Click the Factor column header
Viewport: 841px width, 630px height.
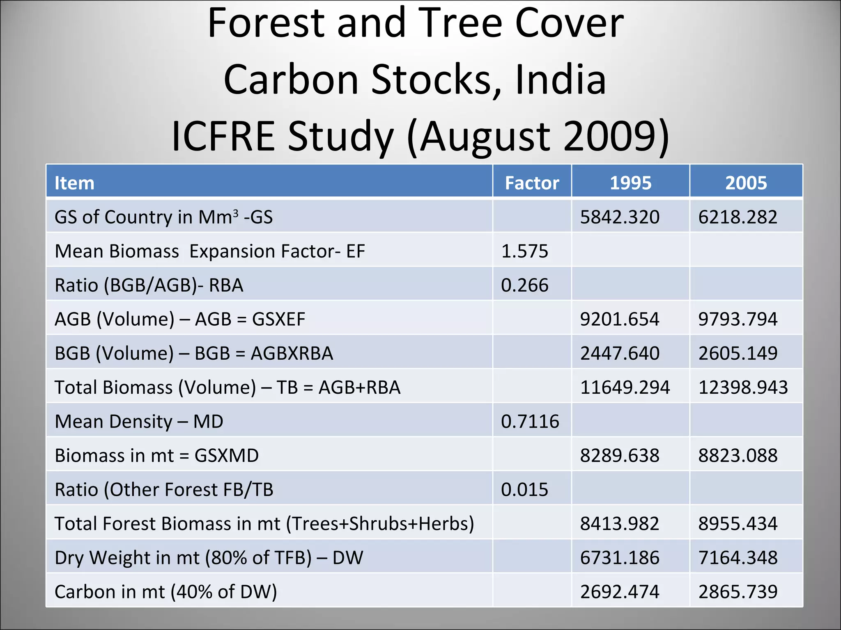(x=532, y=183)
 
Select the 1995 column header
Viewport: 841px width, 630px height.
(x=630, y=183)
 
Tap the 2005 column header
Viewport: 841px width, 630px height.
(x=746, y=183)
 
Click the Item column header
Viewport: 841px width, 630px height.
(x=74, y=183)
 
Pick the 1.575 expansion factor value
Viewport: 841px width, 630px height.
(x=524, y=251)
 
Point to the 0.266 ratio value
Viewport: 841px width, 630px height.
(x=524, y=285)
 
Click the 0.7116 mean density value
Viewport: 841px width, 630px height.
(x=530, y=421)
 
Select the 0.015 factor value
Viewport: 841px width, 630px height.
(x=524, y=489)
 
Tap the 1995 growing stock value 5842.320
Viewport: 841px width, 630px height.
(x=620, y=217)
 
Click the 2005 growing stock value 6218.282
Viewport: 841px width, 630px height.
(x=738, y=217)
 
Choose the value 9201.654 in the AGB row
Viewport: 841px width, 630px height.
(x=620, y=319)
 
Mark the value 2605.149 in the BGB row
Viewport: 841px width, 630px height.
(x=738, y=353)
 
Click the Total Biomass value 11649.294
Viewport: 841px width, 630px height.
(x=625, y=387)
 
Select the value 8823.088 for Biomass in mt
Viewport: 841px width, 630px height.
(x=738, y=455)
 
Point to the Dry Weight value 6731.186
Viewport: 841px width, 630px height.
(x=620, y=557)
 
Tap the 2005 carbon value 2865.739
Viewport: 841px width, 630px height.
(x=738, y=591)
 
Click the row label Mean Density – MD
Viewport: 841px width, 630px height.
(x=139, y=421)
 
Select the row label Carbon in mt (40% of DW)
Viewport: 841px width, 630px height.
(x=165, y=591)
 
